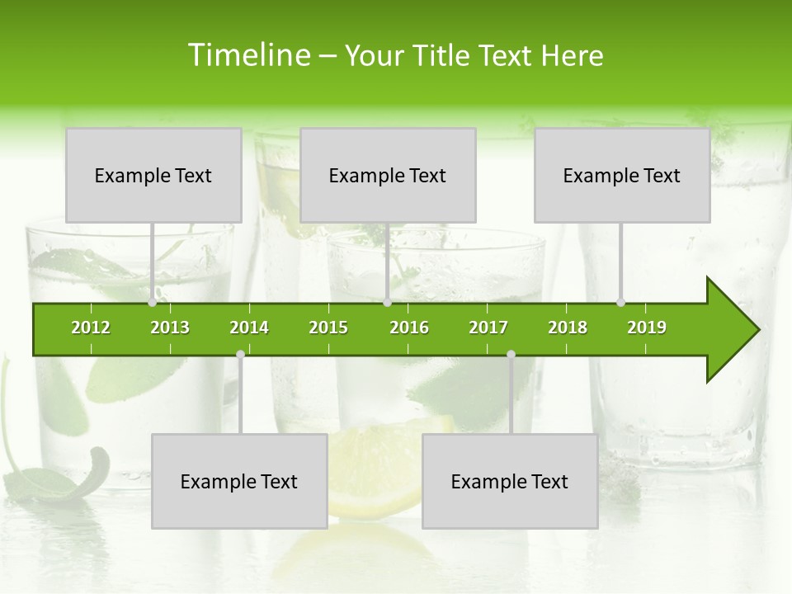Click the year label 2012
tap(91, 328)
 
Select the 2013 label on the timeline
tap(170, 328)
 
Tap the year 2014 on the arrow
tap(249, 328)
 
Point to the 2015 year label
tap(328, 328)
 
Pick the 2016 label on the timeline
tap(409, 328)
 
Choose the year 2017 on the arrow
tap(488, 328)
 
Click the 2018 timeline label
tap(568, 328)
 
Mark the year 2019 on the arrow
tap(647, 328)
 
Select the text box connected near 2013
tap(153, 175)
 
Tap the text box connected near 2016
tap(388, 175)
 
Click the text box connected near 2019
tap(622, 175)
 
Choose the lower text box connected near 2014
tap(239, 481)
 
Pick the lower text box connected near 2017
tap(510, 481)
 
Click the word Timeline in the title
tap(247, 55)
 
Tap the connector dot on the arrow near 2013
tap(153, 303)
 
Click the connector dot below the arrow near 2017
tap(511, 355)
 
